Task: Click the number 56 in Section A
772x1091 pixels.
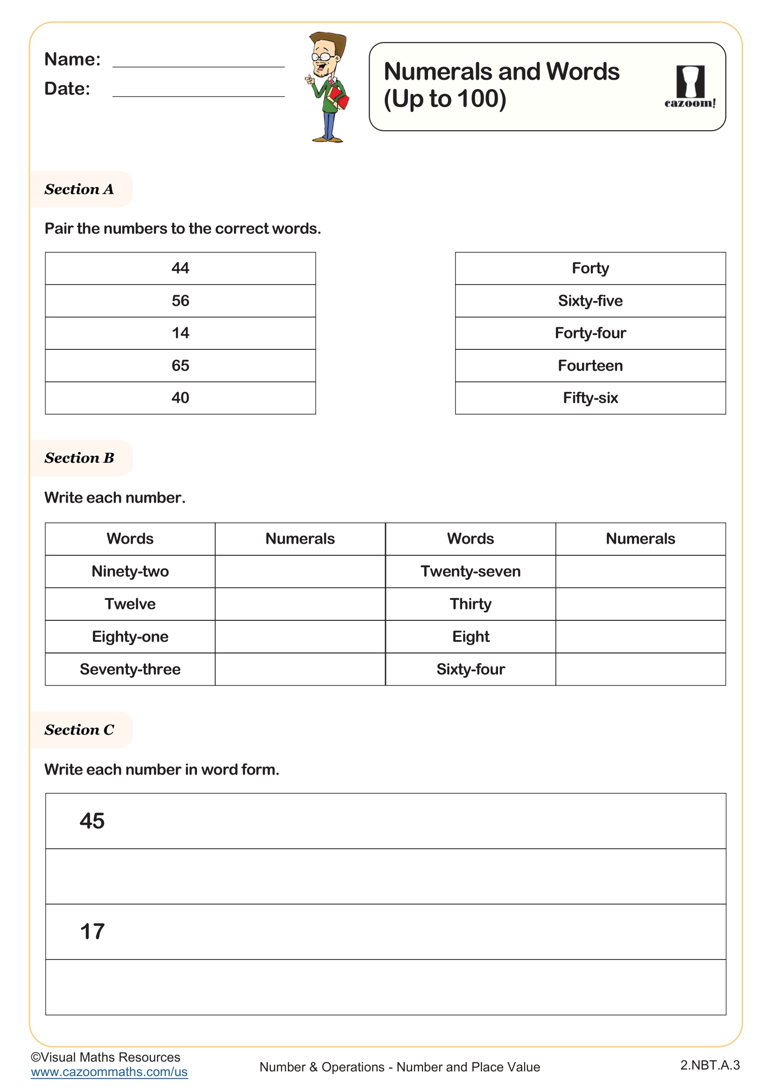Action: [180, 301]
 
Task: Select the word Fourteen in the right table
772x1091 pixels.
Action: [590, 365]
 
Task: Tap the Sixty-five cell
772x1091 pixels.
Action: [590, 301]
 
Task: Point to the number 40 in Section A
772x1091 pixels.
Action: [180, 398]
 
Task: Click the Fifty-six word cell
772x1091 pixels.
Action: [590, 398]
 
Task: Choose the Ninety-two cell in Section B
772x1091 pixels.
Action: [130, 571]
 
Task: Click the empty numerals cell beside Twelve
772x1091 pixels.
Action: [300, 604]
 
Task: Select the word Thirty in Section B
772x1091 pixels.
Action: [470, 604]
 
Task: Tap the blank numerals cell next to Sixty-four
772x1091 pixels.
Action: [640, 669]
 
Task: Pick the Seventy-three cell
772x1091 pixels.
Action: [130, 669]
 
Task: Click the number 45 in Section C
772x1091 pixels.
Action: [92, 821]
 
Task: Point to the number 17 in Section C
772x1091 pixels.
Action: [92, 932]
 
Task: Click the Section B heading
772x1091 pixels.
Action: [79, 458]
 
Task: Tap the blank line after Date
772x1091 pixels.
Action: [198, 92]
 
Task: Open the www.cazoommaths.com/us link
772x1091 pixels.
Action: [109, 1072]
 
